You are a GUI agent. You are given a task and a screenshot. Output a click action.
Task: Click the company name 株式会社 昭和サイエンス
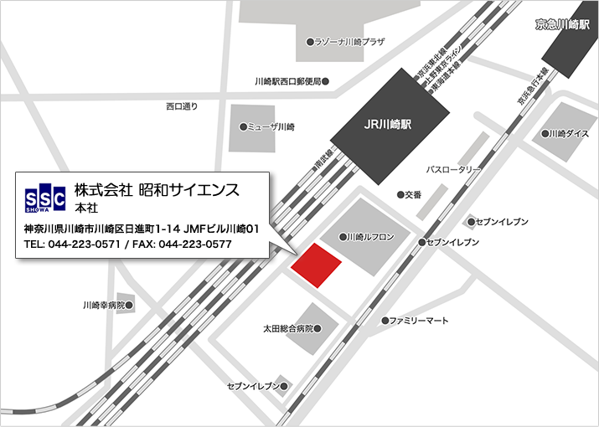click(x=157, y=190)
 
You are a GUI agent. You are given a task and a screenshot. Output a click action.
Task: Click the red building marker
click(x=316, y=265)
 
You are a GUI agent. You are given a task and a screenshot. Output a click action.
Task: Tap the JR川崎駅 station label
click(x=386, y=125)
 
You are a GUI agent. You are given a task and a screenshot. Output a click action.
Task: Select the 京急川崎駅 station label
click(x=564, y=25)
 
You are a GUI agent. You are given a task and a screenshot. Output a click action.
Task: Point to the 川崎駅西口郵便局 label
click(x=287, y=81)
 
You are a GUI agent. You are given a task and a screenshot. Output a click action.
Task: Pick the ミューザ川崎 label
click(x=271, y=127)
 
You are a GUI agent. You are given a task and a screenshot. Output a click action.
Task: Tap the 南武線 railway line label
click(x=323, y=162)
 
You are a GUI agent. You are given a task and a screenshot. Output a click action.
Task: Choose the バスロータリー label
click(x=453, y=169)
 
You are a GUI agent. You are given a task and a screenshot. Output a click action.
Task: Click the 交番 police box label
click(x=413, y=194)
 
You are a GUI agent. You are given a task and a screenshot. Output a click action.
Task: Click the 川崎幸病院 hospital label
click(x=104, y=306)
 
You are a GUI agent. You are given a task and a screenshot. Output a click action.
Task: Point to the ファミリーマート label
click(x=419, y=321)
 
